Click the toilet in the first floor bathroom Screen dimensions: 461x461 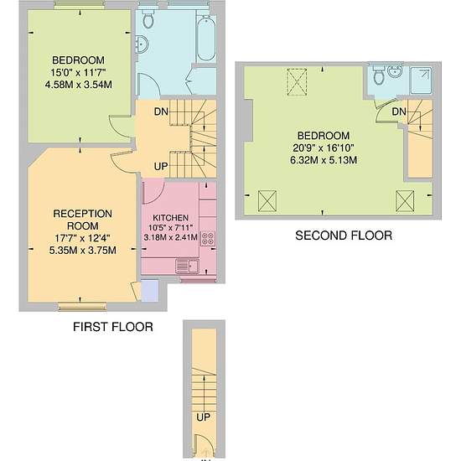(x=148, y=18)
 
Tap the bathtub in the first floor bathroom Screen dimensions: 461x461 (x=206, y=38)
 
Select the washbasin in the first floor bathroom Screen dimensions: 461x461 (x=142, y=44)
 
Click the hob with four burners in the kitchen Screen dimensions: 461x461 (x=208, y=239)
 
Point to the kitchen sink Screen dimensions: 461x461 (x=187, y=267)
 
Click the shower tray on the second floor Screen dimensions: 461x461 (x=421, y=80)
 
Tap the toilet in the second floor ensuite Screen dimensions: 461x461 (x=379, y=75)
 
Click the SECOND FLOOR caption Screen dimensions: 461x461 (x=344, y=236)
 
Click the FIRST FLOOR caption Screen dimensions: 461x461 (x=113, y=327)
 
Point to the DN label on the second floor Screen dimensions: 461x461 (x=399, y=111)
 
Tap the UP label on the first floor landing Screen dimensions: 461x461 (x=161, y=167)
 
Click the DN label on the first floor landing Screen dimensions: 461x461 (x=161, y=111)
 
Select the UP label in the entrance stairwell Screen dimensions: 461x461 (x=203, y=417)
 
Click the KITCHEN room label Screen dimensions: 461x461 (x=170, y=218)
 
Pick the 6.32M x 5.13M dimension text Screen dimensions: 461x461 (x=324, y=160)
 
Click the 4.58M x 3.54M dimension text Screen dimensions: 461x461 (x=79, y=85)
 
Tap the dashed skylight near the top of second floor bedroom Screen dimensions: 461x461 (x=297, y=82)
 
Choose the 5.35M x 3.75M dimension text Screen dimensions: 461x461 (x=83, y=251)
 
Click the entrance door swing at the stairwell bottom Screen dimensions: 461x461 (x=201, y=446)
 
